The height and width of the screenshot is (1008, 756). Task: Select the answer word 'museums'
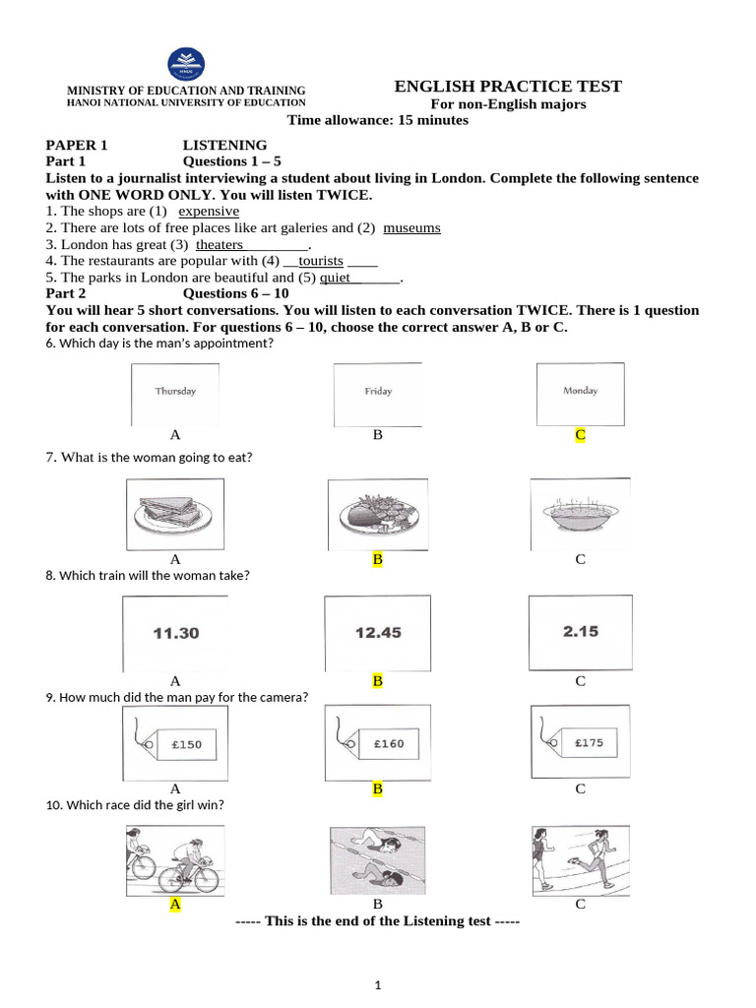tap(411, 227)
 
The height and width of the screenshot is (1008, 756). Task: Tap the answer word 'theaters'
tap(220, 244)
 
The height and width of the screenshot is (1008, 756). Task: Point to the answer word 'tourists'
tap(320, 261)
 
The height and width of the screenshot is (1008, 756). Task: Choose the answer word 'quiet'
tap(336, 278)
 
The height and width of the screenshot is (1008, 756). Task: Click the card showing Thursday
tap(175, 392)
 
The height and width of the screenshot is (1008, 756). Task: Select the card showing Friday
tap(378, 392)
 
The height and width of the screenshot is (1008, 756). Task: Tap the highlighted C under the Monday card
tap(581, 434)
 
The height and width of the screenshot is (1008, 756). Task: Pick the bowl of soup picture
tap(581, 512)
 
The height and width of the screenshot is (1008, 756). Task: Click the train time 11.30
tap(175, 633)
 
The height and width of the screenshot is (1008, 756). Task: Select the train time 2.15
tap(581, 632)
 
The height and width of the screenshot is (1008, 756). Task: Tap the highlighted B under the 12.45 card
tap(377, 680)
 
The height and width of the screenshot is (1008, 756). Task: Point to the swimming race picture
tap(377, 857)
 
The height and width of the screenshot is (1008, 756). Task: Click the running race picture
tap(581, 857)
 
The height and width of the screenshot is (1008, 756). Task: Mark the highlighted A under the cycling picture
tap(175, 904)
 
